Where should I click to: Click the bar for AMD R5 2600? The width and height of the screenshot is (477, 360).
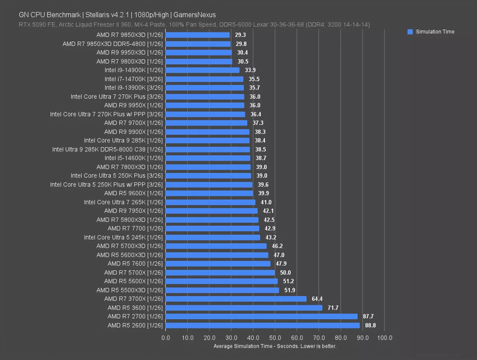click(262, 326)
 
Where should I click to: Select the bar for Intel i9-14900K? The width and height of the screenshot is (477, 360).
click(202, 70)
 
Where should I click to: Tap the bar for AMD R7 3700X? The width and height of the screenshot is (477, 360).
click(236, 299)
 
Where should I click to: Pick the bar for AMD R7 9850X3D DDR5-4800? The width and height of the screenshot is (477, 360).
click(198, 44)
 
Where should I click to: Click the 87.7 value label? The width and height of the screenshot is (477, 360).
click(368, 317)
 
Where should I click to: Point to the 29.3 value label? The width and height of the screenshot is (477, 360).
click(241, 35)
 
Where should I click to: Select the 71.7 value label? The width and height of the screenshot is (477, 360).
click(333, 308)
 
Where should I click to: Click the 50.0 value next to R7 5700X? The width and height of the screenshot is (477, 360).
click(285, 273)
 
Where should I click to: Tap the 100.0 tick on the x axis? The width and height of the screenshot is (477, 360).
click(385, 338)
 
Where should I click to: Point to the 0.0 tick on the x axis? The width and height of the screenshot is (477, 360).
click(166, 338)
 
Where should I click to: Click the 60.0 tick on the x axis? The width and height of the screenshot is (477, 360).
click(297, 338)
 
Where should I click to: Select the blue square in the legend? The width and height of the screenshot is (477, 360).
click(410, 32)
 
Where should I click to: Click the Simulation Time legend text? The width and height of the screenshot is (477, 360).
click(435, 32)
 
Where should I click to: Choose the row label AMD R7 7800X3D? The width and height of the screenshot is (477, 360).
click(129, 167)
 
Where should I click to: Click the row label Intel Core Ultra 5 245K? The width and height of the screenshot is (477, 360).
click(123, 238)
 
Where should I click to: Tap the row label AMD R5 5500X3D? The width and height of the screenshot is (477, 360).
click(129, 290)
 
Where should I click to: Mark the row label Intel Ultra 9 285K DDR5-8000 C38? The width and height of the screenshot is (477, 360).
click(107, 150)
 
